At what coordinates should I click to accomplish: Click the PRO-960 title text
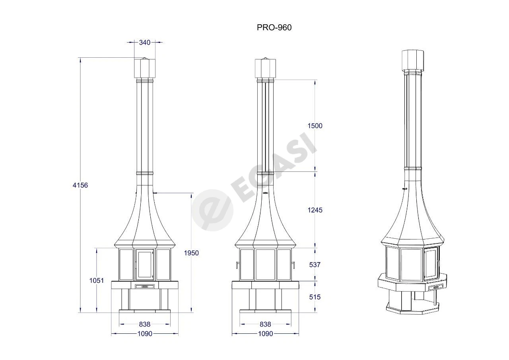pyautogui.click(x=274, y=27)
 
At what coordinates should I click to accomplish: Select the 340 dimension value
pyautogui.click(x=145, y=43)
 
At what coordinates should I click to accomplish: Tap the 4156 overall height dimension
pyautogui.click(x=80, y=185)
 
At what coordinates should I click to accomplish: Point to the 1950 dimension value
pyautogui.click(x=191, y=253)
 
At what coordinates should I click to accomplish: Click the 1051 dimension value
pyautogui.click(x=97, y=281)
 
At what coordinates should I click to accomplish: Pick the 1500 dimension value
pyautogui.click(x=315, y=126)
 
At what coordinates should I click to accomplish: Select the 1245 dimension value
pyautogui.click(x=315, y=210)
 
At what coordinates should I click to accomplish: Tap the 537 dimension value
pyautogui.click(x=315, y=265)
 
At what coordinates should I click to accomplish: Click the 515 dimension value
pyautogui.click(x=315, y=297)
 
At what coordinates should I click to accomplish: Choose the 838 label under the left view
pyautogui.click(x=145, y=324)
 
